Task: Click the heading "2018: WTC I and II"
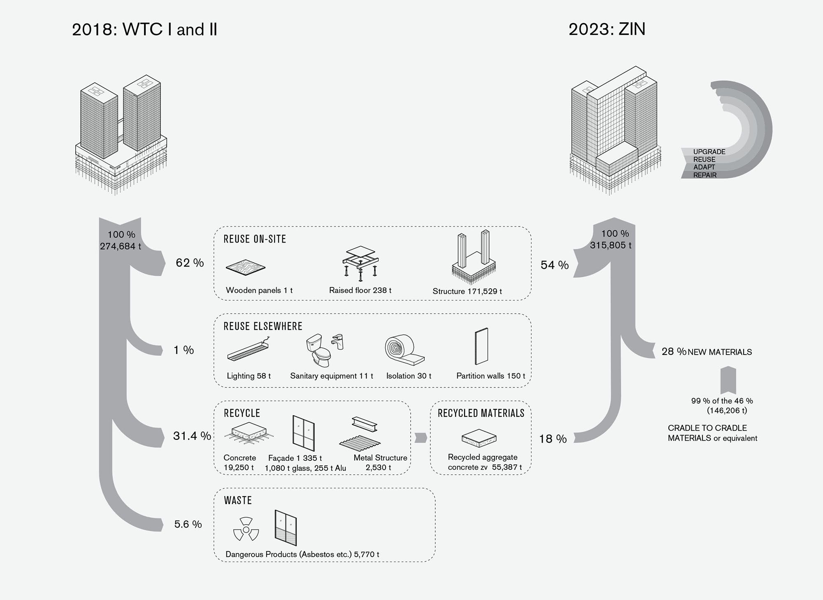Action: [x=144, y=30]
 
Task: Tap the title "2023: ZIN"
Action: [x=607, y=29]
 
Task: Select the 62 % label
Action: [x=190, y=263]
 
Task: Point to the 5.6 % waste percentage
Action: [x=188, y=524]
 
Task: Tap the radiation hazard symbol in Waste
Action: [x=246, y=529]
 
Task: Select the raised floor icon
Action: [x=360, y=264]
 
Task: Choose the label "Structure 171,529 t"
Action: [x=467, y=291]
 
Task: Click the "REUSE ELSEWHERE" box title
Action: [x=263, y=327]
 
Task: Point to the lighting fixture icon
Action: [x=249, y=350]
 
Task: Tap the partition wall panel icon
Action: [x=481, y=346]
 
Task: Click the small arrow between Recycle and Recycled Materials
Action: [x=420, y=437]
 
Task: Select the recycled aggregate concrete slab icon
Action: [x=479, y=438]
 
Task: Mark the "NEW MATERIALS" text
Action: [x=720, y=352]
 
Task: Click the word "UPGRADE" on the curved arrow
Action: [x=709, y=152]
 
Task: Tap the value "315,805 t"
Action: [x=611, y=245]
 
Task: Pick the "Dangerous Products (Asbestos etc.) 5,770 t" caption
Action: [x=302, y=554]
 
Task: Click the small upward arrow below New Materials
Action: [x=728, y=380]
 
